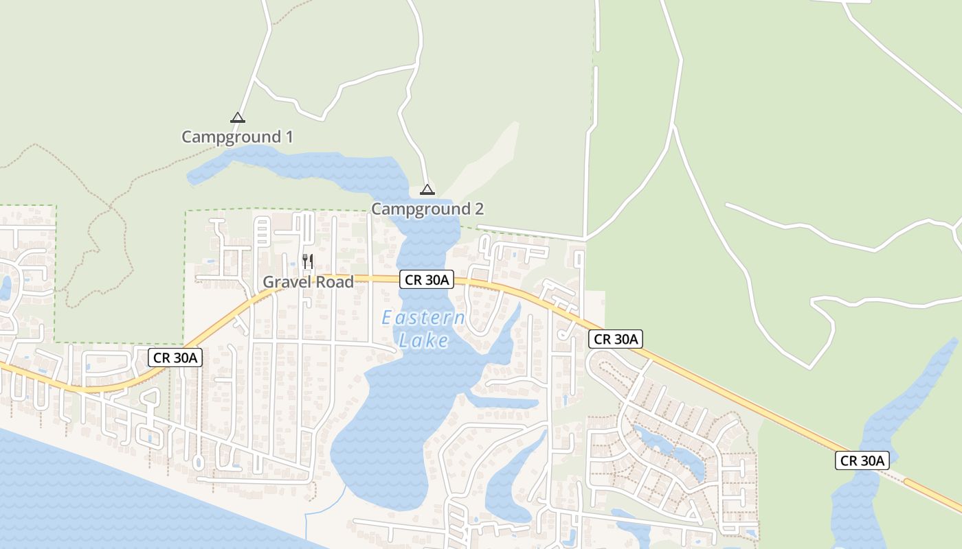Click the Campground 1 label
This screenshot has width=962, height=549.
pyautogui.click(x=237, y=137)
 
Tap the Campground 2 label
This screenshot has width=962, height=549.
pyautogui.click(x=427, y=209)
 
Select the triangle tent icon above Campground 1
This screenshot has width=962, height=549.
pyautogui.click(x=238, y=117)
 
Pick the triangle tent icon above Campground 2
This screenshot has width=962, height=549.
pyautogui.click(x=427, y=189)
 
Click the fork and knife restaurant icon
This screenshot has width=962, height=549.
pyautogui.click(x=308, y=261)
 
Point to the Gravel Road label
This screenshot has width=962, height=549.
pyautogui.click(x=308, y=282)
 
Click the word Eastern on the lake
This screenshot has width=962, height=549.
pyautogui.click(x=423, y=318)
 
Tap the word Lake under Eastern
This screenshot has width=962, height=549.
pyautogui.click(x=423, y=340)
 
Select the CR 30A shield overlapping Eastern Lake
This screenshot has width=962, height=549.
pyautogui.click(x=427, y=279)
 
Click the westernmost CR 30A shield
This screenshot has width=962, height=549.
pyautogui.click(x=175, y=357)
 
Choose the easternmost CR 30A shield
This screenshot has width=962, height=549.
pyautogui.click(x=862, y=460)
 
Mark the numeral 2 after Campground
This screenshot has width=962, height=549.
pyautogui.click(x=479, y=209)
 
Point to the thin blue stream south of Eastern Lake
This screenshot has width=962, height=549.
pyautogui.click(x=323, y=508)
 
